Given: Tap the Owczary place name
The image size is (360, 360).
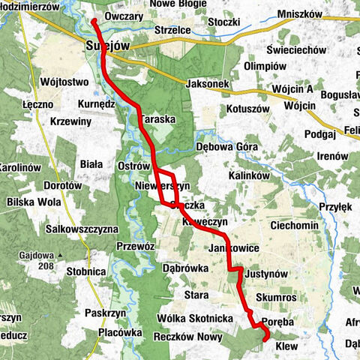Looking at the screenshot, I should coord(124,16).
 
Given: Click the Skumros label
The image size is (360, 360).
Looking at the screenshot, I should coord(277,297).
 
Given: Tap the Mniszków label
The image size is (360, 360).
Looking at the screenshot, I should coord(299,13).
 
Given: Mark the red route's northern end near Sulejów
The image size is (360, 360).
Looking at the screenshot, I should coord(94,21).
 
